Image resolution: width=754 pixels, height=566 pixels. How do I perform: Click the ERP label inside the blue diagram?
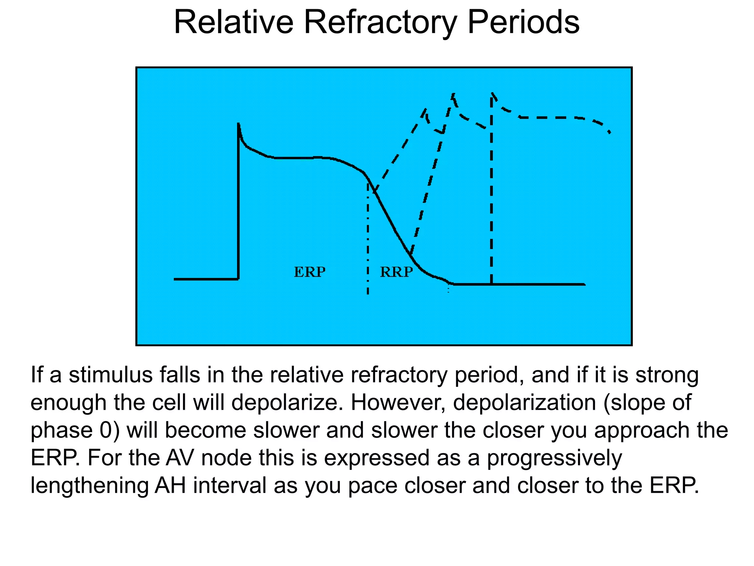tap(310, 272)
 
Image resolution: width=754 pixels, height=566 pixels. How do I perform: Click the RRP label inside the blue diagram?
tap(396, 272)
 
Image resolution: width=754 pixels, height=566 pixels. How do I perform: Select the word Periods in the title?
tap(523, 23)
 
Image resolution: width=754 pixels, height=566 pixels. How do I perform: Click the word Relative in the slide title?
tap(233, 23)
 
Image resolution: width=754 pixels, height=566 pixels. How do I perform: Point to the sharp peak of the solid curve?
tap(239, 125)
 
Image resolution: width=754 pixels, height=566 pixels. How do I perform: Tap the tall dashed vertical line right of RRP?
tap(491, 192)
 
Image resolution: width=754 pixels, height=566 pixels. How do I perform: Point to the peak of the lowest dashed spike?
tap(426, 109)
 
